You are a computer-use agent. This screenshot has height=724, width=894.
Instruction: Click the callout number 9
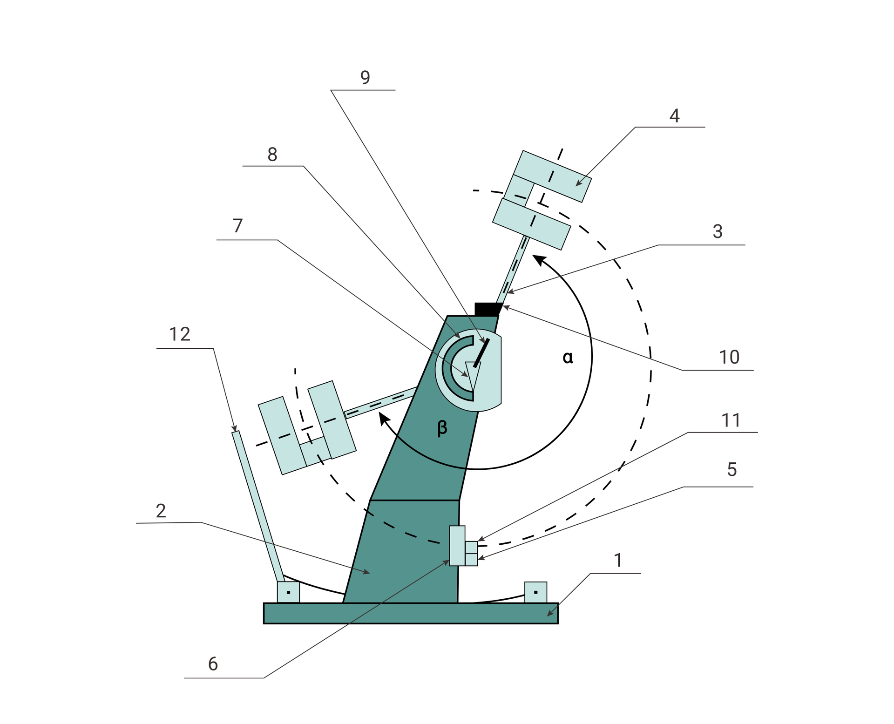pyautogui.click(x=365, y=77)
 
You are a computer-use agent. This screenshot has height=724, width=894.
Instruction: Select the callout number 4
pyautogui.click(x=674, y=115)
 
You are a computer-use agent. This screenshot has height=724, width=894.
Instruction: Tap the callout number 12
pyautogui.click(x=179, y=334)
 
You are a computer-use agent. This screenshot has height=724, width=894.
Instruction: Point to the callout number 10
pyautogui.click(x=729, y=357)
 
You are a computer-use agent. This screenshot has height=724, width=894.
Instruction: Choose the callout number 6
pyautogui.click(x=213, y=663)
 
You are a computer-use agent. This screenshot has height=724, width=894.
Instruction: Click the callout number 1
pyautogui.click(x=618, y=560)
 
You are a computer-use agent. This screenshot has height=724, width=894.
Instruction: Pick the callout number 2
pyautogui.click(x=161, y=511)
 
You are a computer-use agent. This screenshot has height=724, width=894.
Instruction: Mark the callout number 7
pyautogui.click(x=238, y=226)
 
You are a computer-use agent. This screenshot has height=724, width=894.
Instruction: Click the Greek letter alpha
pyautogui.click(x=568, y=358)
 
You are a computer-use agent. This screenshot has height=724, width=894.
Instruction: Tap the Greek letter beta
pyautogui.click(x=442, y=427)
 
